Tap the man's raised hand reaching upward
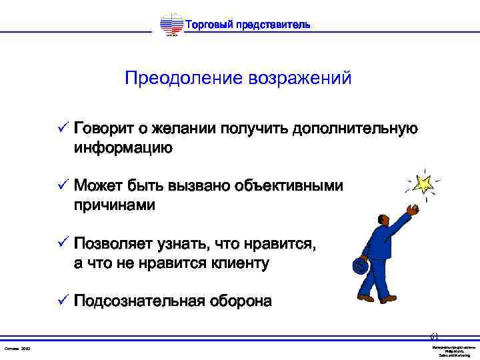(x=413, y=209)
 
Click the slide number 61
(x=434, y=336)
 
